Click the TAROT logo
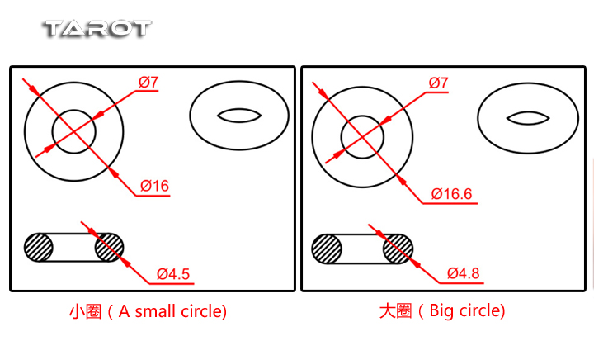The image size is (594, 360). tap(98, 29)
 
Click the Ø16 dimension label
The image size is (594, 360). tap(154, 186)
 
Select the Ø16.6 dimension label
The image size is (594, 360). tap(451, 194)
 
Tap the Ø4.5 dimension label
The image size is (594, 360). tap(173, 274)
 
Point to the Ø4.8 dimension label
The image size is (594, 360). tap(463, 273)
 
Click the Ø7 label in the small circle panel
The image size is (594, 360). tap(148, 82)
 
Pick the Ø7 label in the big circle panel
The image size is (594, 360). tap(438, 83)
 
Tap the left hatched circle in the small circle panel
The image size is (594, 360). tap(38, 248)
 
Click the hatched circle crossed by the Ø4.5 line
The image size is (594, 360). tap(109, 248)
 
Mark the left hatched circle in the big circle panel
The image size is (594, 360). tap(327, 249)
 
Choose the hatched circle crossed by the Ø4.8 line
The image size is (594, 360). tap(398, 249)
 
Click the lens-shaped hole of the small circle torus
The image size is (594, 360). tap(239, 116)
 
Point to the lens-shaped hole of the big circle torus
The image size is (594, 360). tap(528, 118)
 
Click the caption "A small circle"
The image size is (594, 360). tap(172, 311)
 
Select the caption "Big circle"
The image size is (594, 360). tap(467, 310)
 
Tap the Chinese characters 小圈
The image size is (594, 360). tap(85, 311)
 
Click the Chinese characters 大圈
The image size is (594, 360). tap(395, 310)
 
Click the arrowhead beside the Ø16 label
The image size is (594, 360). tap(114, 173)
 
